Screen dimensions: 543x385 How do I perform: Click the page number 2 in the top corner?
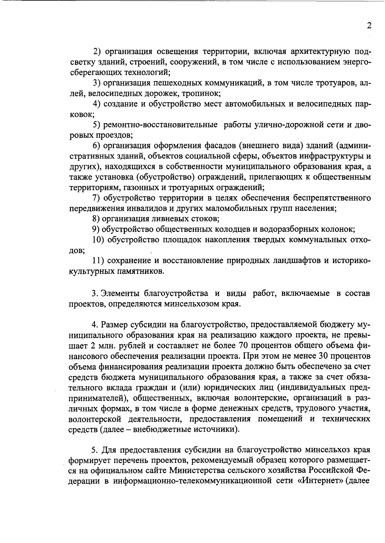(x=369, y=26)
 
